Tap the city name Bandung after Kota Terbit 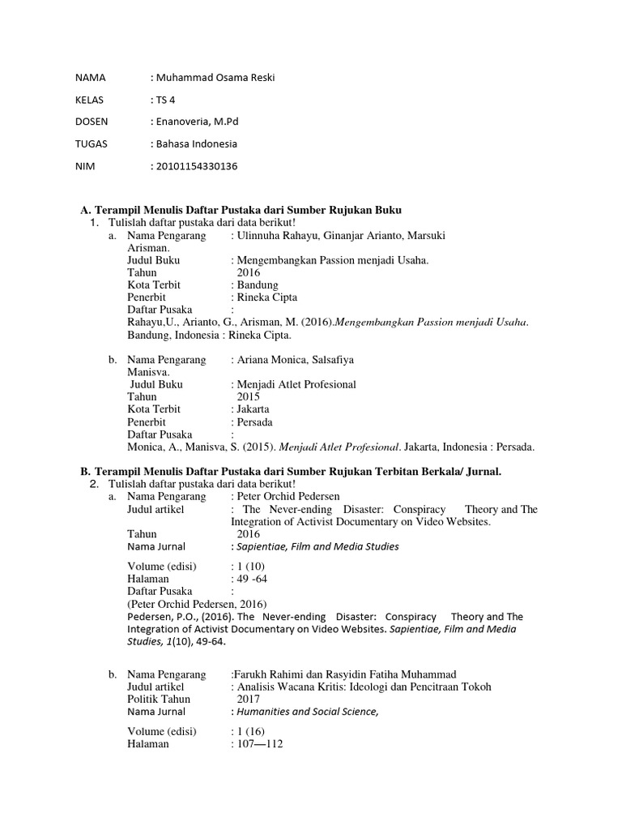click(257, 285)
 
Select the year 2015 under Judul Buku click(249, 397)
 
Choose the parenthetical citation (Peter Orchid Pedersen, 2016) click(197, 604)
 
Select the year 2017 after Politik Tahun click(249, 699)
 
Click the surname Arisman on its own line click(148, 248)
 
